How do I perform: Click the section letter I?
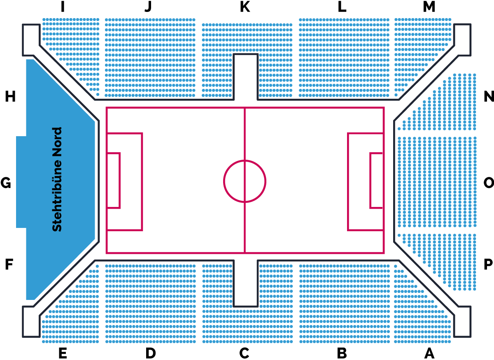pos(62,7)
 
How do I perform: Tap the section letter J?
pos(148,7)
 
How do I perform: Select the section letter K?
pos(245,7)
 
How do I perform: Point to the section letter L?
pos(342,7)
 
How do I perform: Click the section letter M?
pos(429,7)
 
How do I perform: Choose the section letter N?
pos(489,97)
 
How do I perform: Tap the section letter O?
pos(489,182)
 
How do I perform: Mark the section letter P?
pos(489,265)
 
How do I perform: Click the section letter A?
pos(429,353)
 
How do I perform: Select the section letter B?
pos(342,353)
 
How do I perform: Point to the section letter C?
pos(245,353)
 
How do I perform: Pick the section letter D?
pos(151,353)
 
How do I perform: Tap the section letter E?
pos(63,353)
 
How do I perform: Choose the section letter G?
pos(6,182)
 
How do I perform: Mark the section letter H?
pos(10,97)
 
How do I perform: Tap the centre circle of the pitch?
pos(245,181)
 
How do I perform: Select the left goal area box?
pos(114,181)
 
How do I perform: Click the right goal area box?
pos(376,181)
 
